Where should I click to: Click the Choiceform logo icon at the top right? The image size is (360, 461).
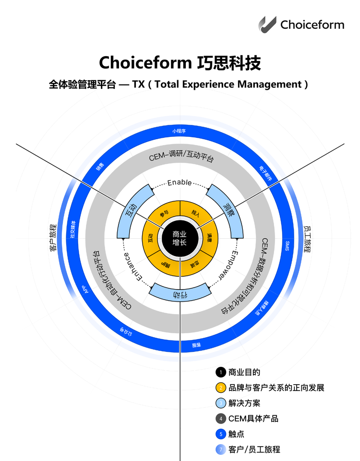pos(267,24)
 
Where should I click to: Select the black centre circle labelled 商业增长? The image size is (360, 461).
pos(180,239)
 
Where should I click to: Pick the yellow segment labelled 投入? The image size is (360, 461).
pos(195,212)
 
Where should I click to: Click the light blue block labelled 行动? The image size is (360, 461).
pos(180,292)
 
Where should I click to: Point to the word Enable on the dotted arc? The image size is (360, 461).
pos(180,183)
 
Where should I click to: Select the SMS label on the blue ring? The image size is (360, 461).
pos(287,246)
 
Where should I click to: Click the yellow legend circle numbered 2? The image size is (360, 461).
pos(220,388)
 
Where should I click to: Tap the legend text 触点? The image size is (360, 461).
pos(236,434)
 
